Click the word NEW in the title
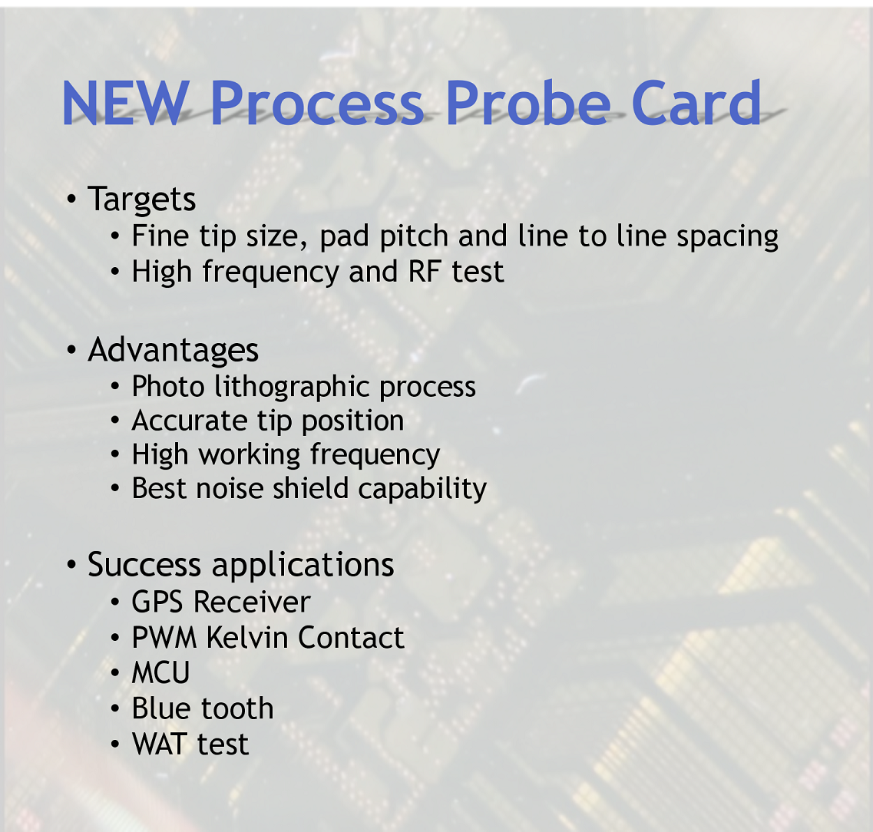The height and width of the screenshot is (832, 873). click(125, 103)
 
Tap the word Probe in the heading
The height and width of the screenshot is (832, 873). click(528, 103)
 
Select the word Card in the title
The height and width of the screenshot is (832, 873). click(696, 103)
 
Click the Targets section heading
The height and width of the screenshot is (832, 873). click(141, 200)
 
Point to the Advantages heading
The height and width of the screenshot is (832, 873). click(174, 350)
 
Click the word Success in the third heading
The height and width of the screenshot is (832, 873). click(144, 564)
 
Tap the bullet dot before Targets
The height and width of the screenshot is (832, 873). click(71, 199)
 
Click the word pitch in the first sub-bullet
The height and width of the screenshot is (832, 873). click(414, 236)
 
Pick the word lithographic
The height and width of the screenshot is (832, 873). click(291, 386)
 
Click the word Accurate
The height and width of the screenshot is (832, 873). click(190, 421)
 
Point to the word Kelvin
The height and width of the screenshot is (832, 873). click(247, 637)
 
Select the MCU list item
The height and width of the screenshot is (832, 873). click(160, 673)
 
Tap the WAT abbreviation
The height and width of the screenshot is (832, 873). click(159, 744)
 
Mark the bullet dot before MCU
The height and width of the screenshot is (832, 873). click(114, 673)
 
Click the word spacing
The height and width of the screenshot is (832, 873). click(727, 236)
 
